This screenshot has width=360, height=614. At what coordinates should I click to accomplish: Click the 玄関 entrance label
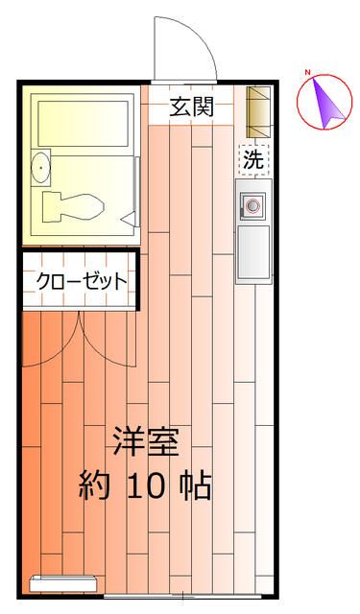pyautogui.click(x=192, y=107)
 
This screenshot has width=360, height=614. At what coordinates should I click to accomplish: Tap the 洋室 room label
pyautogui.click(x=146, y=444)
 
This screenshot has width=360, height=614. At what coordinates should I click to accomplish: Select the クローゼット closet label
pyautogui.click(x=82, y=281)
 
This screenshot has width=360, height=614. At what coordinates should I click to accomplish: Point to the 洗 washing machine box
pyautogui.click(x=252, y=160)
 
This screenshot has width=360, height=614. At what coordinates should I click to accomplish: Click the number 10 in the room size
pyautogui.click(x=147, y=486)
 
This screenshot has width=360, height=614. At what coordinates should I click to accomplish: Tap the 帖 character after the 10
pyautogui.click(x=197, y=486)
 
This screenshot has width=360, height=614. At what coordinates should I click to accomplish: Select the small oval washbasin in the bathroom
pyautogui.click(x=39, y=169)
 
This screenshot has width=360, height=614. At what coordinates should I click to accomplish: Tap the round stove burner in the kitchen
pyautogui.click(x=253, y=203)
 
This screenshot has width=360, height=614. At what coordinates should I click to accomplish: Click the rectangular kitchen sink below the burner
pyautogui.click(x=253, y=251)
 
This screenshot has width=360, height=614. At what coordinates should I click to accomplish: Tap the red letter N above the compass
pyautogui.click(x=308, y=73)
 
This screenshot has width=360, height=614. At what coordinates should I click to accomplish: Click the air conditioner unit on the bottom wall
pyautogui.click(x=62, y=583)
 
